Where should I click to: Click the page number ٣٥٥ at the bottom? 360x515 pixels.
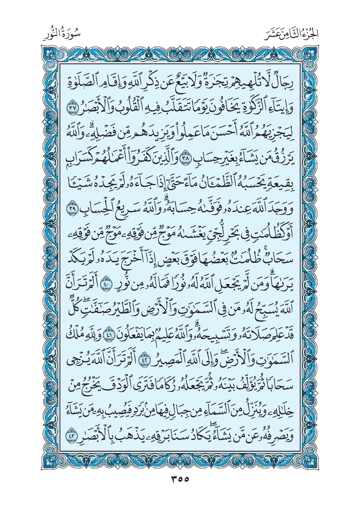180,479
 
